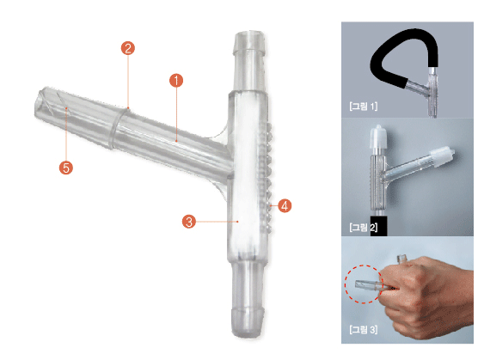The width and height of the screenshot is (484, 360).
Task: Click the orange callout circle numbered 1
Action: pos(176,81)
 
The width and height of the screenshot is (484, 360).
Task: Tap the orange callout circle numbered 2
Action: pos(128,48)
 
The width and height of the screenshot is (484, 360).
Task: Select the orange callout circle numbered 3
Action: pos(189,222)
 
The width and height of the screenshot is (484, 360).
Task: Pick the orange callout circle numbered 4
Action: pos(285,205)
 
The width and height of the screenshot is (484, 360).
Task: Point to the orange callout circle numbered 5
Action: pos(66,168)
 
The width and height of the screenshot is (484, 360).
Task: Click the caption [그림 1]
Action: pos(364,107)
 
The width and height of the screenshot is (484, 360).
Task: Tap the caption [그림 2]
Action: pos(364,228)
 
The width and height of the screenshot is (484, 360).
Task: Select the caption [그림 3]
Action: pos(364,329)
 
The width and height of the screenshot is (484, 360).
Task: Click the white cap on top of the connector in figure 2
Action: pos(378,137)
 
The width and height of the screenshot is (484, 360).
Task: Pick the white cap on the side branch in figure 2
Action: pos(442,156)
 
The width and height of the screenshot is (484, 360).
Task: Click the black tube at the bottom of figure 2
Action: pos(378,226)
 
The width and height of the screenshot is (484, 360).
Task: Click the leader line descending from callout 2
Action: pos(128,82)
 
